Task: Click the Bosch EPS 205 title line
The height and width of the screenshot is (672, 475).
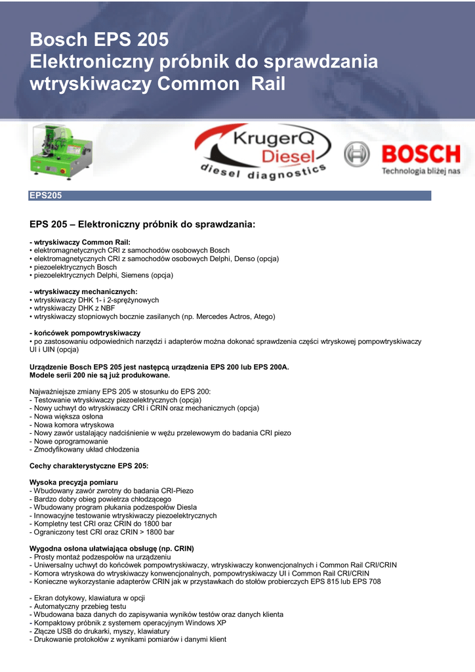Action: click(99, 40)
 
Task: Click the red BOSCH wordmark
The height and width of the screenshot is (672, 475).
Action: click(421, 155)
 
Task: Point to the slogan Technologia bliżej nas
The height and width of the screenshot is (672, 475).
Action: click(421, 171)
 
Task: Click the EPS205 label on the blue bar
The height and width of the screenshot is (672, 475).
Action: click(45, 196)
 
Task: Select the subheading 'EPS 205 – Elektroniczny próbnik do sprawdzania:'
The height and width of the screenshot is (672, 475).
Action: click(142, 224)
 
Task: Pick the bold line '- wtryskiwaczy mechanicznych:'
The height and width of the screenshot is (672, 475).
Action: click(83, 291)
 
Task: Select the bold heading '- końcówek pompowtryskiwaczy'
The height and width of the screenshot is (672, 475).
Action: click(85, 333)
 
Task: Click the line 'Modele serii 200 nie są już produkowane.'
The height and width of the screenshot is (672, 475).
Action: click(100, 375)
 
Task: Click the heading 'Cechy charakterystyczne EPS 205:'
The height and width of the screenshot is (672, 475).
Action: click(89, 466)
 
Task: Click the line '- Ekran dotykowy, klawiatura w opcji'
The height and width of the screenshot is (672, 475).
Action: click(87, 598)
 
